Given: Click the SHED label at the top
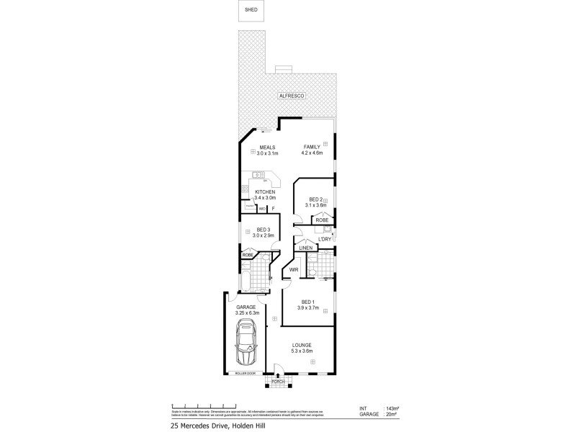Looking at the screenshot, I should [x=251, y=11].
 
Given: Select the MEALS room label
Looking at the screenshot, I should [x=267, y=147].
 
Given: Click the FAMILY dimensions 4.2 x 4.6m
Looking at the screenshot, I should [x=312, y=153].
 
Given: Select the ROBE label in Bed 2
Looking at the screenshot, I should [x=321, y=220].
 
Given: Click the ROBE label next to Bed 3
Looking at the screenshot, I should [x=247, y=255].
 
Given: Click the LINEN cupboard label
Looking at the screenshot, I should [x=306, y=248].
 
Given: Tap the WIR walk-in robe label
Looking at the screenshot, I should [x=294, y=270].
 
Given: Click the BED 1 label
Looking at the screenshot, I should [x=307, y=301].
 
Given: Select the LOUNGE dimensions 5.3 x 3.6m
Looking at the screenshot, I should [x=302, y=352].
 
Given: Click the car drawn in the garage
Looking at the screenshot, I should [x=246, y=345].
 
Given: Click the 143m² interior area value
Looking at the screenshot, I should [x=392, y=408].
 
